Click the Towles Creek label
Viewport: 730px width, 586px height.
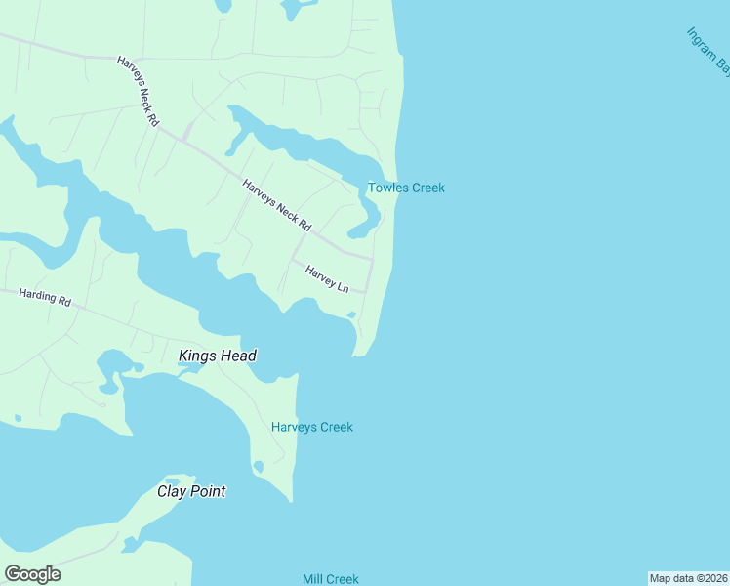coord(406,188)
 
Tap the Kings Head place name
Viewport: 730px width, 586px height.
coord(218,356)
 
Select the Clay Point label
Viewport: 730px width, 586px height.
coord(191,491)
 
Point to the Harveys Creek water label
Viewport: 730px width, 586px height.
coord(312,427)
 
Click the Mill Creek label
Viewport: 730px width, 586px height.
coord(331,579)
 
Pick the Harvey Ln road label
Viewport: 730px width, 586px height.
coord(327,278)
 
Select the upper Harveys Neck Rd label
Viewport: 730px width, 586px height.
coord(139,92)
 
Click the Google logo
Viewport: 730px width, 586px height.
coord(32,574)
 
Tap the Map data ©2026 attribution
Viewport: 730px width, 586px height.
coord(688,578)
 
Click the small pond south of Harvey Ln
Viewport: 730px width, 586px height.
coord(350,314)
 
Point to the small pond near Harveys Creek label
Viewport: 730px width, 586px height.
coord(258,467)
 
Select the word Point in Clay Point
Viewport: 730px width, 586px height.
coord(208,491)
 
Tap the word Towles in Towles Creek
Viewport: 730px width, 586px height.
coord(386,188)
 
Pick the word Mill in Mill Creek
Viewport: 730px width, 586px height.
coord(314,579)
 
